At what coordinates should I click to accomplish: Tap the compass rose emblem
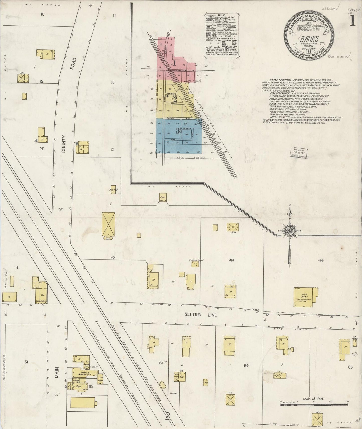click(290, 231)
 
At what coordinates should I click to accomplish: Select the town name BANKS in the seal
click(310, 39)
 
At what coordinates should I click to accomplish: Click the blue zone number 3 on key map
click(178, 131)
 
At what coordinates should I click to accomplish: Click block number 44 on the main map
click(321, 261)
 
